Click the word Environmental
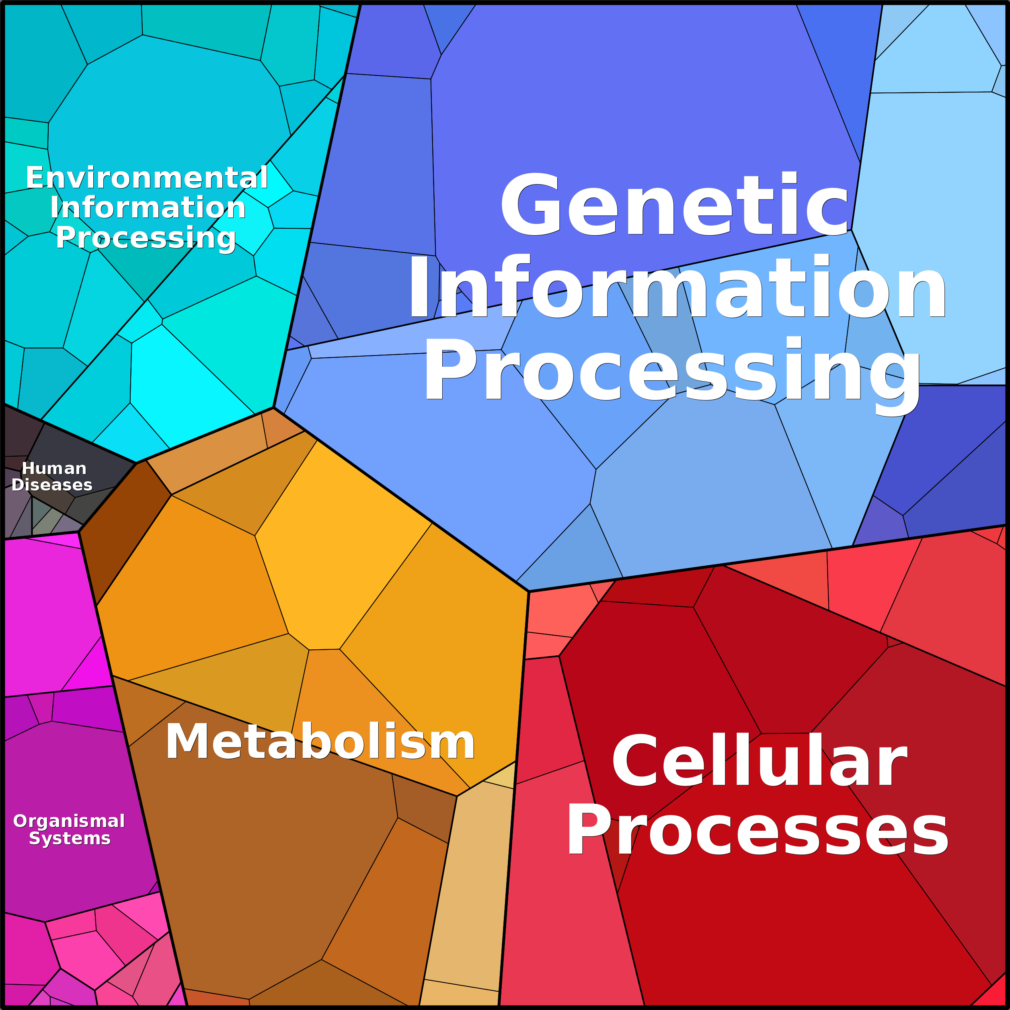(x=147, y=178)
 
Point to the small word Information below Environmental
(x=148, y=207)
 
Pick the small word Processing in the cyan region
(x=146, y=238)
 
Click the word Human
(x=54, y=468)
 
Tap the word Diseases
(x=52, y=484)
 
